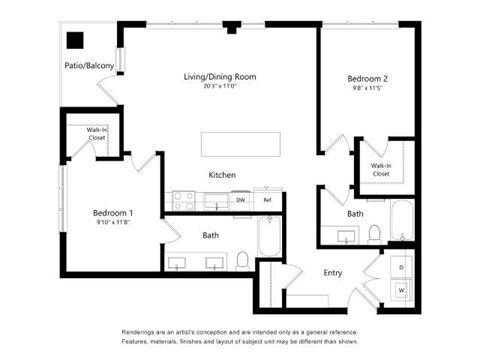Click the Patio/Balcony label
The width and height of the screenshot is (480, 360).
click(x=89, y=66)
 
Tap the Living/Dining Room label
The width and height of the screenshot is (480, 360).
click(x=219, y=76)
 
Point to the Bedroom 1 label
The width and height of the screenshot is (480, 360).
click(x=113, y=212)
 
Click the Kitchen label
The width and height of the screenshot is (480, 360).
click(x=222, y=175)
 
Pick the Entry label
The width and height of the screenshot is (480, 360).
click(x=332, y=272)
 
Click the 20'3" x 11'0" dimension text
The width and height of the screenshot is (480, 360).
click(x=219, y=86)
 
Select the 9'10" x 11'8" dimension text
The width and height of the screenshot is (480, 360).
click(x=113, y=222)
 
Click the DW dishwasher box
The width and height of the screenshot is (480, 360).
click(x=241, y=200)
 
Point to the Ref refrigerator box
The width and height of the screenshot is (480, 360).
click(x=267, y=200)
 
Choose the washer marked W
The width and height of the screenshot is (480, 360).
click(x=401, y=290)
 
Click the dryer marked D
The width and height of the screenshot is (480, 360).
click(x=401, y=267)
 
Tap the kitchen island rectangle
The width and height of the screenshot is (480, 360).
click(x=237, y=143)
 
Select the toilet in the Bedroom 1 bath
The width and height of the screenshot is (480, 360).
click(x=242, y=260)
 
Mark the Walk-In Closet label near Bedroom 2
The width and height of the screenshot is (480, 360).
click(x=381, y=169)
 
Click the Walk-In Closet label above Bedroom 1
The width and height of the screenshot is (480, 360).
click(x=96, y=133)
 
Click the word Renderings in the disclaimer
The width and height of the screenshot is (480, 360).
click(x=142, y=330)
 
